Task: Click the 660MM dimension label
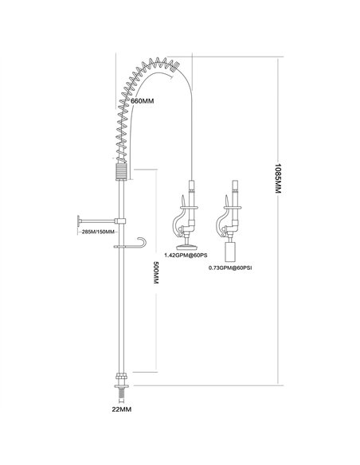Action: (143, 101)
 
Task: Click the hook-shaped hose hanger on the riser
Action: (142, 241)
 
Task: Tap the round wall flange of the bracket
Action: (79, 221)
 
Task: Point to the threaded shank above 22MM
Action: (121, 391)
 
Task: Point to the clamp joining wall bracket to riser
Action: (120, 221)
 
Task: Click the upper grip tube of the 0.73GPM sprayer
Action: (236, 193)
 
